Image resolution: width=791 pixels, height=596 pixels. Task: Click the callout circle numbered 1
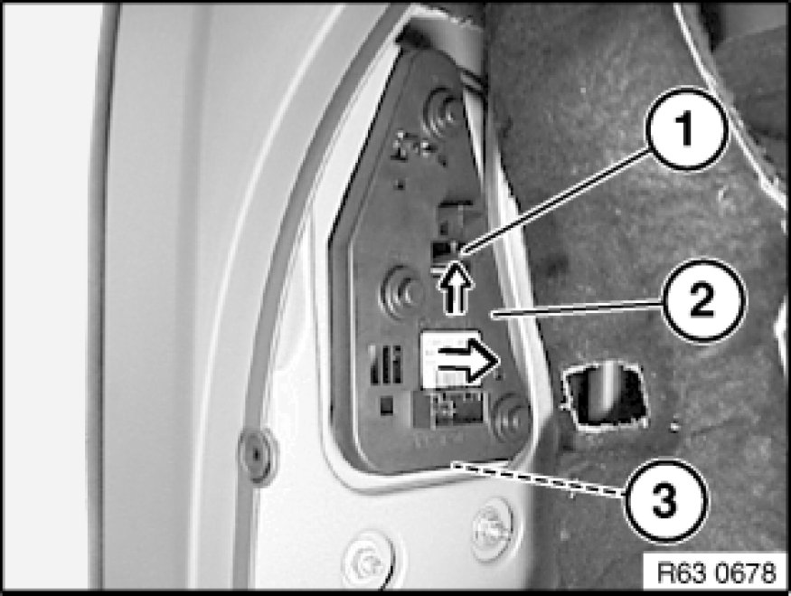(x=685, y=129)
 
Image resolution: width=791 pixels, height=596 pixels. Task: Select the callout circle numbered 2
(x=702, y=301)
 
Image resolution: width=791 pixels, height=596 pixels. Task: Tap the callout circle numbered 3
(x=665, y=501)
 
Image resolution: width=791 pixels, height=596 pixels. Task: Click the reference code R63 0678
(x=716, y=573)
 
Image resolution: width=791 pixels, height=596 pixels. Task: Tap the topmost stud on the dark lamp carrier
(x=443, y=112)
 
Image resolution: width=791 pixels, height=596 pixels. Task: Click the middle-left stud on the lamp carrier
(x=401, y=292)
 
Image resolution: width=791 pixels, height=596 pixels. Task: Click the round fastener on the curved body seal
(x=258, y=455)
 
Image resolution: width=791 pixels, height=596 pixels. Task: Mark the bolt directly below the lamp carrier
(x=492, y=528)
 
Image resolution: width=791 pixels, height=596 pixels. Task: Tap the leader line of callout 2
(x=578, y=308)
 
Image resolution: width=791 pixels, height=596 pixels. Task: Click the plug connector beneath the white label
(x=450, y=409)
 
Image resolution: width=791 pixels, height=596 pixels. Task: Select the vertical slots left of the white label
(x=385, y=364)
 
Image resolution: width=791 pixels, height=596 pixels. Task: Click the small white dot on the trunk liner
(x=674, y=427)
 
